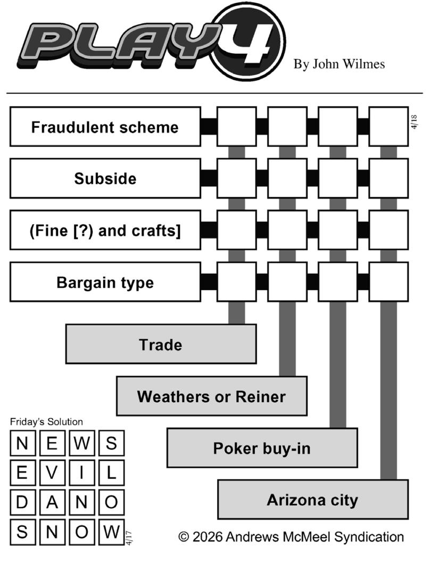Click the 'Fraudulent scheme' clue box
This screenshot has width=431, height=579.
[x=105, y=127]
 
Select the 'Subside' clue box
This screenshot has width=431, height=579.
[x=105, y=178]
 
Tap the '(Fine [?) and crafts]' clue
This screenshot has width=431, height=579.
[x=105, y=230]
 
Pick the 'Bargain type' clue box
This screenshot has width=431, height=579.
[x=105, y=282]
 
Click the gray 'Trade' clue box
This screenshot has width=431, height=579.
[x=161, y=344]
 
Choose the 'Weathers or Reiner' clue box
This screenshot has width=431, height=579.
[x=211, y=396]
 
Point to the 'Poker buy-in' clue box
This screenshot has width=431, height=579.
[x=262, y=448]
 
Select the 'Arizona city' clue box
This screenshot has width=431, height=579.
[x=313, y=500]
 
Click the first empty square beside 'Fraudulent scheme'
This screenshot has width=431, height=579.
[x=237, y=127]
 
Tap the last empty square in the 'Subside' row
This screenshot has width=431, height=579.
[x=388, y=178]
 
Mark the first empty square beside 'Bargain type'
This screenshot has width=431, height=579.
[x=237, y=282]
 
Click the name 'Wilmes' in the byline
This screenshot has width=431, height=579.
[x=363, y=64]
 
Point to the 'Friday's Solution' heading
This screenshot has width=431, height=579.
[x=46, y=422]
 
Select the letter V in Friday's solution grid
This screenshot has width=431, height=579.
[x=52, y=472]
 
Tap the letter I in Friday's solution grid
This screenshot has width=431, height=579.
[x=81, y=472]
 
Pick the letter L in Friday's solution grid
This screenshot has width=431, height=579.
[x=111, y=472]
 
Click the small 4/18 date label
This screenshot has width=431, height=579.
[x=414, y=122]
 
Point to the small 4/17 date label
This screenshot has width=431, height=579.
[x=129, y=537]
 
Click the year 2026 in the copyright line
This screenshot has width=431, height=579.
[x=208, y=536]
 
